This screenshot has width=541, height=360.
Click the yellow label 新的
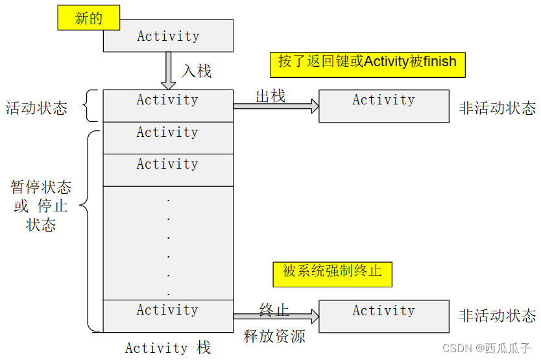click(89, 18)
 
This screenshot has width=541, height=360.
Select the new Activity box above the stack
click(168, 36)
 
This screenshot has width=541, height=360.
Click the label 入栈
click(196, 70)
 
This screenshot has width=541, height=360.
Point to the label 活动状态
click(36, 108)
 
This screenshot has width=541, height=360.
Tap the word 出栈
click(270, 96)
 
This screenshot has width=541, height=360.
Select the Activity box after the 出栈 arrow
click(383, 106)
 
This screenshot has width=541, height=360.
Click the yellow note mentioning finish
click(368, 63)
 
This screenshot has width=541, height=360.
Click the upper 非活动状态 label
click(498, 108)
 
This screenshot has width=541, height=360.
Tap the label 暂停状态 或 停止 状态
click(41, 206)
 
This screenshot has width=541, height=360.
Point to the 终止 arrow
click(276, 317)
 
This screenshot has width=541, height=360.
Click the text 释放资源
click(274, 336)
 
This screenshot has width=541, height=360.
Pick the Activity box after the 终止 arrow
click(383, 316)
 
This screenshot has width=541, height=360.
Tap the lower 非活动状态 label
click(498, 316)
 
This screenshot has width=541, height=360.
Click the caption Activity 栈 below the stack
click(168, 348)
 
